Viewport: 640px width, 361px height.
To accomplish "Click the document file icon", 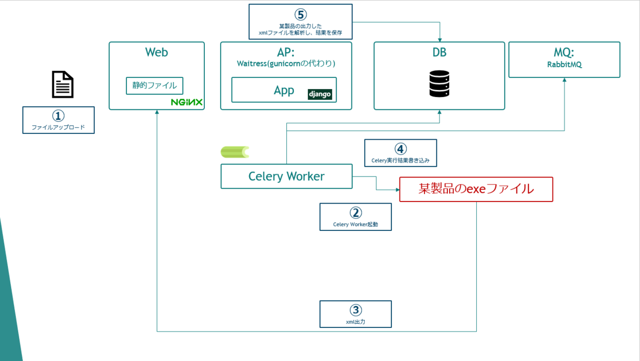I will pyautogui.click(x=62, y=85).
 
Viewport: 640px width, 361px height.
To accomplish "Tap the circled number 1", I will pyautogui.click(x=58, y=116).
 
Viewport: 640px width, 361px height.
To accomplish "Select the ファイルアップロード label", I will pyautogui.click(x=58, y=127).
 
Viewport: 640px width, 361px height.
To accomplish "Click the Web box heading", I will pyautogui.click(x=156, y=52).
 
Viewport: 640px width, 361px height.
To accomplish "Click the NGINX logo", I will pyautogui.click(x=186, y=102).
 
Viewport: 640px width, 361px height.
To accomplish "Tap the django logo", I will pyautogui.click(x=320, y=94).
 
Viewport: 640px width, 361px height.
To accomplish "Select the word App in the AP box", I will pyautogui.click(x=284, y=90).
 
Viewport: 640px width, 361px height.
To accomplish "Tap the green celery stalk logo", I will pyautogui.click(x=235, y=152).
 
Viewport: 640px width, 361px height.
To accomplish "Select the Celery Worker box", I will pyautogui.click(x=286, y=176).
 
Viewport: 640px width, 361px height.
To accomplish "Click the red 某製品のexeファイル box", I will pyautogui.click(x=476, y=189).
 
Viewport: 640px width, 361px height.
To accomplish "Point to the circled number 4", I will pyautogui.click(x=400, y=149).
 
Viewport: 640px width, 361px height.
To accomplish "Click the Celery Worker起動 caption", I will pyautogui.click(x=355, y=224).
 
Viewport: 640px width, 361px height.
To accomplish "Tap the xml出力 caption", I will pyautogui.click(x=355, y=322).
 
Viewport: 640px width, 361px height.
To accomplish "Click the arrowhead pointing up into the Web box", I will pyautogui.click(x=157, y=113).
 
